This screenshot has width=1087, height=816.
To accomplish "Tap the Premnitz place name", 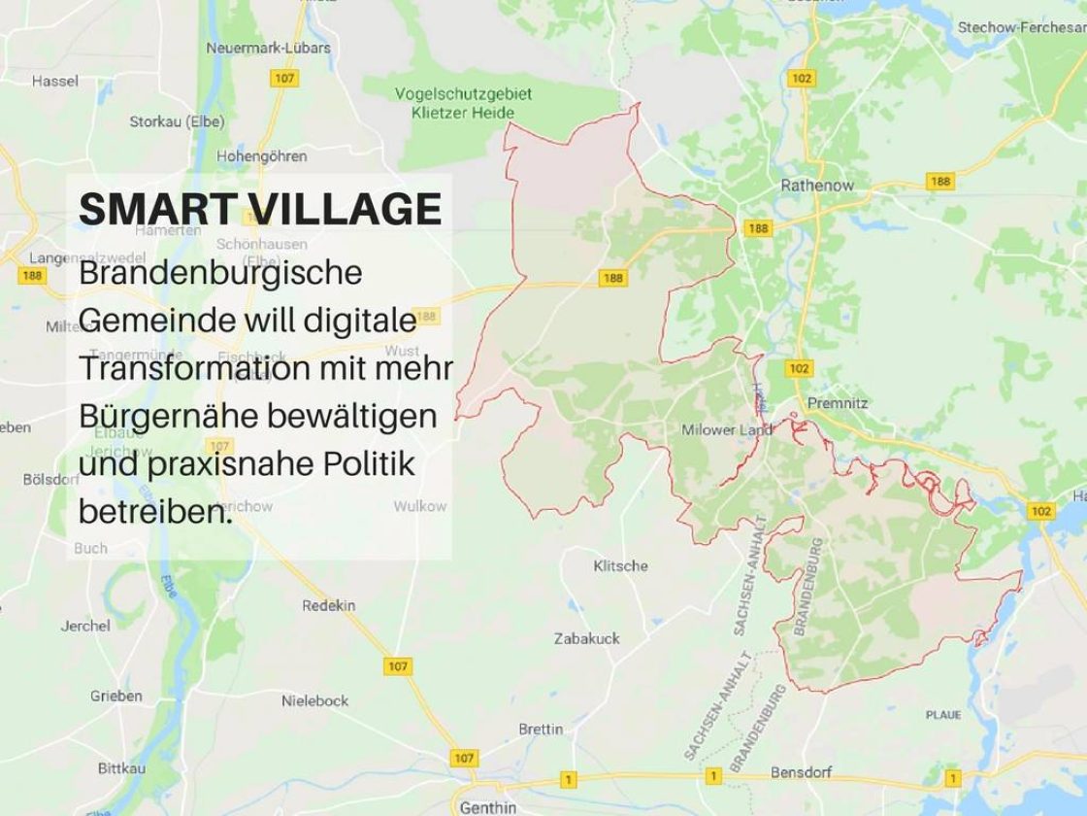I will point(838,403).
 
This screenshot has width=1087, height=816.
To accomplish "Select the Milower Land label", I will point(727,429).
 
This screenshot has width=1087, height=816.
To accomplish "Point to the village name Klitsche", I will point(620,565).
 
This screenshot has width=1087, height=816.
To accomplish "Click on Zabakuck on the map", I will point(586,638).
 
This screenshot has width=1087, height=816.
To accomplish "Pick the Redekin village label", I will point(328,605).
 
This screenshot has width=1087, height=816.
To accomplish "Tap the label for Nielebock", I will point(314,700).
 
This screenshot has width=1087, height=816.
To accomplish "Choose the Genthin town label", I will point(488,807).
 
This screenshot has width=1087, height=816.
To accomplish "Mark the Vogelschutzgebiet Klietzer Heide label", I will point(463,103).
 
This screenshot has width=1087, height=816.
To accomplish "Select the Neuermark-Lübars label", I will point(268,48).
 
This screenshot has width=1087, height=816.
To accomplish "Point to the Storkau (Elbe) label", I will point(177,121).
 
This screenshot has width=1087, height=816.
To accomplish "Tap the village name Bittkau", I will point(121,767).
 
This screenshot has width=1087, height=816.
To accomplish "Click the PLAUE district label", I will point(943,715).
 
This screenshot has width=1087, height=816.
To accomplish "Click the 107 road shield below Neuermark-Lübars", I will point(284,78).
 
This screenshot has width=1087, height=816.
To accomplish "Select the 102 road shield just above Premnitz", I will point(799,368).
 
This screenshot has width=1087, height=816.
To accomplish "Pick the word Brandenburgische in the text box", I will point(220,273).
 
